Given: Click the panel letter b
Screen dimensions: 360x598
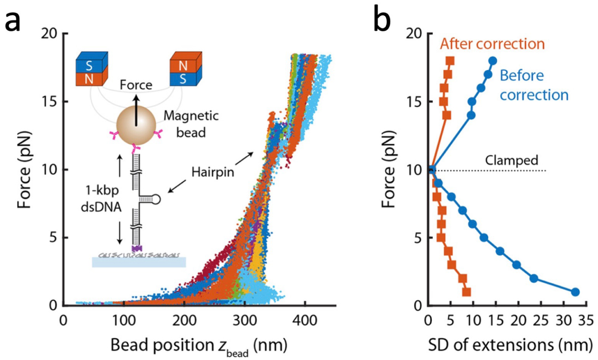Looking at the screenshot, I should (382, 18).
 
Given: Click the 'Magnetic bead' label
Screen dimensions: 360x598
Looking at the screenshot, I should (191, 124).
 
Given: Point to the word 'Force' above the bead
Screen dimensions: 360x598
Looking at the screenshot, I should (136, 85).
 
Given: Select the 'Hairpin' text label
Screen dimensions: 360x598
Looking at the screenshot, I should (212, 172).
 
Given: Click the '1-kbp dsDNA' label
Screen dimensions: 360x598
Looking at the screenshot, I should (101, 198).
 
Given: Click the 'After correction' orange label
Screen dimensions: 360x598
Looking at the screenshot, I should (492, 44).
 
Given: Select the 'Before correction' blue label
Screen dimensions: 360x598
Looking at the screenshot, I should (534, 85).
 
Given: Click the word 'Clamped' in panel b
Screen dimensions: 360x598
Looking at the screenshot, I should (511, 160).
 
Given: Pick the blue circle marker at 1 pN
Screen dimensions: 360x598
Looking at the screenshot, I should (575, 292).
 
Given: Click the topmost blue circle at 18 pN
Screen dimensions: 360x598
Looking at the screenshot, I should (492, 61).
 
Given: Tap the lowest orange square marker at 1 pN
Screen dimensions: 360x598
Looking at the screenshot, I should (466, 292).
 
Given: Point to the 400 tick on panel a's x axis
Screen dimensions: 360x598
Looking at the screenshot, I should (305, 320).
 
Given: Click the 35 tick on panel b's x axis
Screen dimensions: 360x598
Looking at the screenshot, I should (585, 320).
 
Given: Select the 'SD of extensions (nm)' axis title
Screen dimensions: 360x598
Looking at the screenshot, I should (510, 345).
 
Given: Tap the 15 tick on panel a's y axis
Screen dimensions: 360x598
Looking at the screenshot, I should (49, 102).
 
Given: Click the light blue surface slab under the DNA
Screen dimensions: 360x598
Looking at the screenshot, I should (139, 262).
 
